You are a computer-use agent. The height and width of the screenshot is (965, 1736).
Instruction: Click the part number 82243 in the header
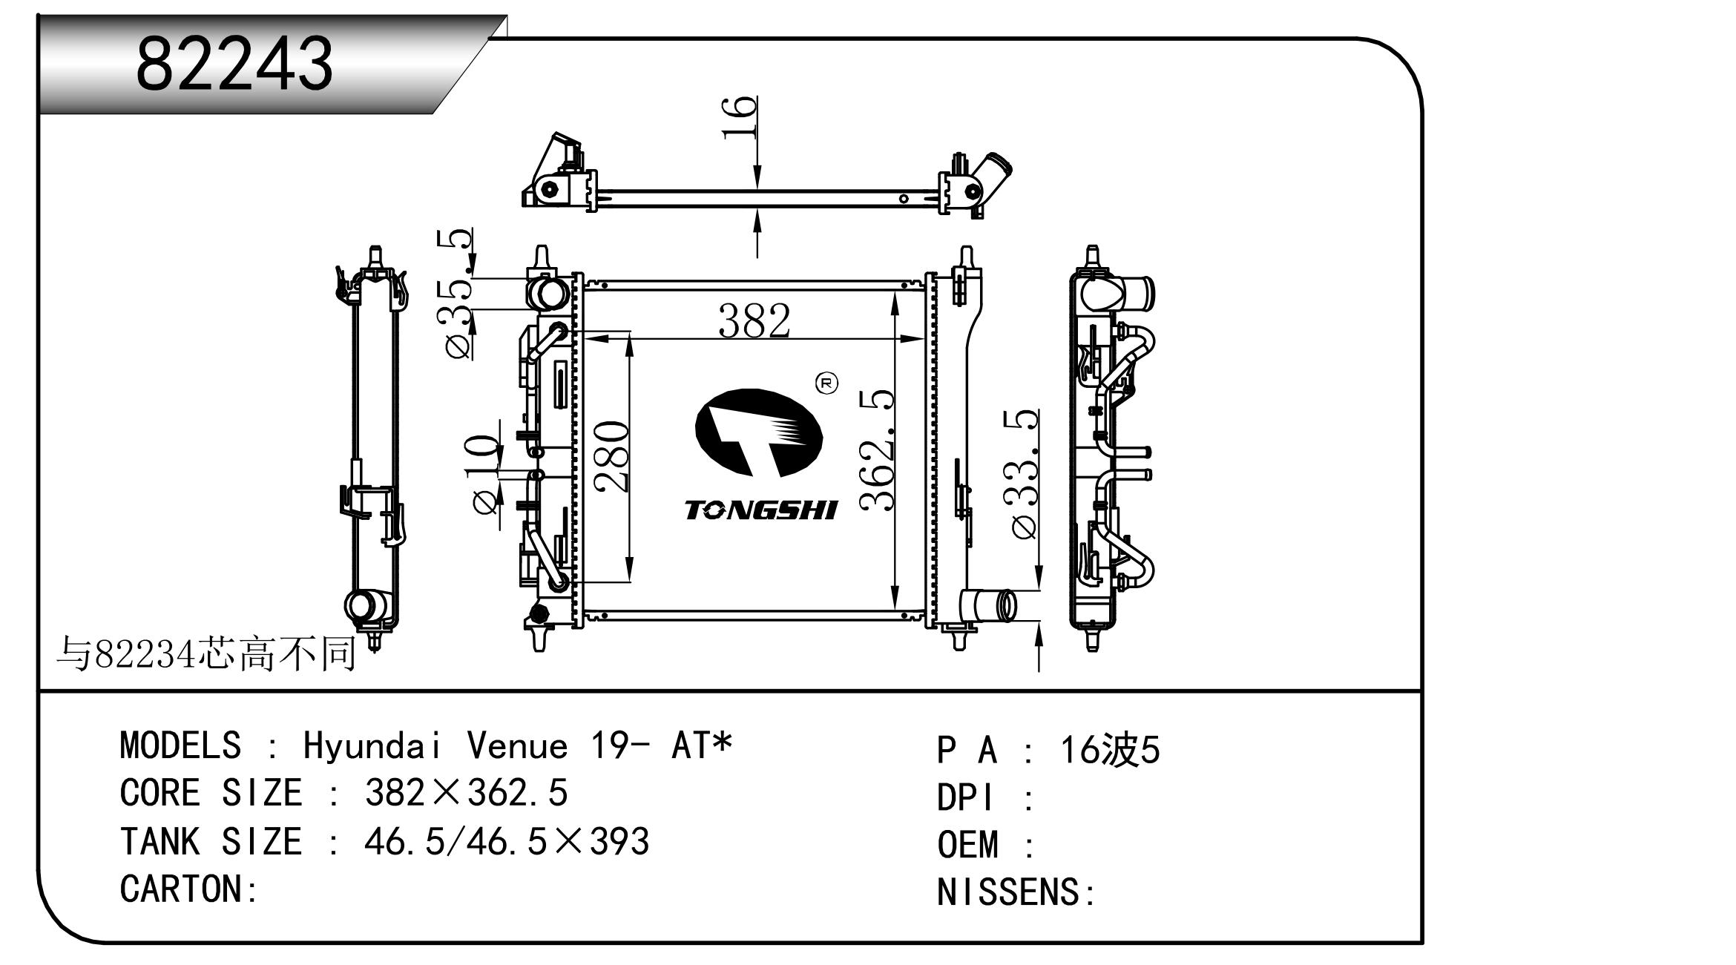coord(234,64)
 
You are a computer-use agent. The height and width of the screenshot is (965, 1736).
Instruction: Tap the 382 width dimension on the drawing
coord(754,321)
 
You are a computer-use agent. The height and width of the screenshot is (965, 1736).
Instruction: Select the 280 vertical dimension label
coord(613,455)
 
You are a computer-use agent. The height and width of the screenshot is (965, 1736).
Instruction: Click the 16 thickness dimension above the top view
coord(740,117)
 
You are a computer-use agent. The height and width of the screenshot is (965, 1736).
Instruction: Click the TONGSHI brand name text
coord(760,510)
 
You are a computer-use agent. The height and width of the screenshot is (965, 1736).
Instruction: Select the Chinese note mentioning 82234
coord(207,654)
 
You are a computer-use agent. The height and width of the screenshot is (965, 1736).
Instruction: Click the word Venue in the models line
coord(517,745)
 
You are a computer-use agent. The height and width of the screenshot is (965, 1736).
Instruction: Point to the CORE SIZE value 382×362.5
coord(466,793)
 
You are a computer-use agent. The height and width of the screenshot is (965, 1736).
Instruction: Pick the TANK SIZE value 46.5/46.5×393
coord(507,841)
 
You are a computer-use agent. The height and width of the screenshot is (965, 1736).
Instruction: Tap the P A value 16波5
coord(1109,750)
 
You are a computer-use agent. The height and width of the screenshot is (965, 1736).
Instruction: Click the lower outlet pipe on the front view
coord(988,605)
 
